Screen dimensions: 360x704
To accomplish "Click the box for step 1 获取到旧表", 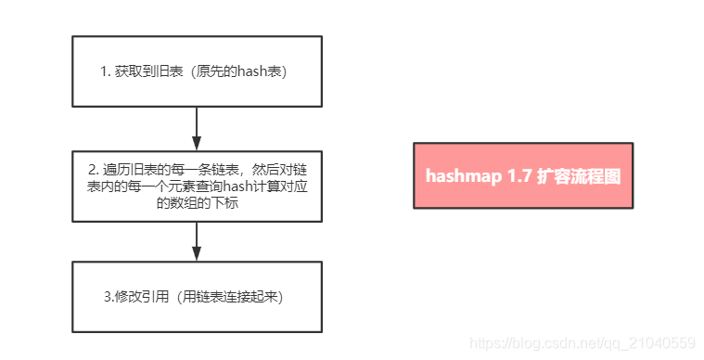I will pyautogui.click(x=197, y=71).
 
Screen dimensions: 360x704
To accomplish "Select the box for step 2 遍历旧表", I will pyautogui.click(x=197, y=186).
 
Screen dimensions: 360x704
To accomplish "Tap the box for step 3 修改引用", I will pyautogui.click(x=197, y=296).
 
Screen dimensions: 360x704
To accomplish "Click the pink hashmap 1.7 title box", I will pyautogui.click(x=523, y=175).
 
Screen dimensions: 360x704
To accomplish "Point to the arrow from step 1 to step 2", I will pyautogui.click(x=197, y=128).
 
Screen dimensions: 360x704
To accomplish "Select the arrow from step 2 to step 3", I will pyautogui.click(x=197, y=241).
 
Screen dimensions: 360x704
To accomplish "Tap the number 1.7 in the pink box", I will pyautogui.click(x=519, y=175).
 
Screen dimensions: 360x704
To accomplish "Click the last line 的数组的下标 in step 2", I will pyautogui.click(x=197, y=202).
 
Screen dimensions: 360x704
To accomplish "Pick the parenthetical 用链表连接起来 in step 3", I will pyautogui.click(x=232, y=297).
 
